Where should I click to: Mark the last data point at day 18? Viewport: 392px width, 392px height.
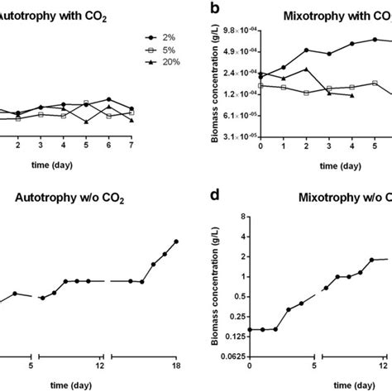[x=176, y=241]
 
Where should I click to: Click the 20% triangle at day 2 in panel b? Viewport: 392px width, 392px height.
[x=307, y=69]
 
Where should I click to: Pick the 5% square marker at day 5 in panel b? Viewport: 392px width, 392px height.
[x=375, y=83]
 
